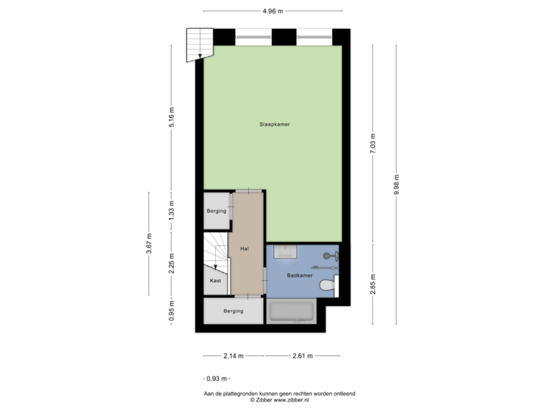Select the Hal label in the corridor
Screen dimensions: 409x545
pyautogui.click(x=244, y=248)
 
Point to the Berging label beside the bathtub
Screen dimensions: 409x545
pyautogui.click(x=233, y=311)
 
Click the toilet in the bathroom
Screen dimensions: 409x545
pyautogui.click(x=328, y=286)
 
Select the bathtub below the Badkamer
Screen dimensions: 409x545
pyautogui.click(x=291, y=311)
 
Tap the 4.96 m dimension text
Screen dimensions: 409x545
pyautogui.click(x=272, y=11)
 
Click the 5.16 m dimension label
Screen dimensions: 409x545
pyautogui.click(x=171, y=118)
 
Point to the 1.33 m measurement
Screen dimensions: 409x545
pyautogui.click(x=171, y=208)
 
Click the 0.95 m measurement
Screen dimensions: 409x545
pyautogui.click(x=171, y=311)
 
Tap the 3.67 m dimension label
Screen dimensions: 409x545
pyautogui.click(x=148, y=245)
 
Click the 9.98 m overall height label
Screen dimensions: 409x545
pyautogui.click(x=396, y=183)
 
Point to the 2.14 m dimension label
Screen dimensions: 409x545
pyautogui.click(x=232, y=355)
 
